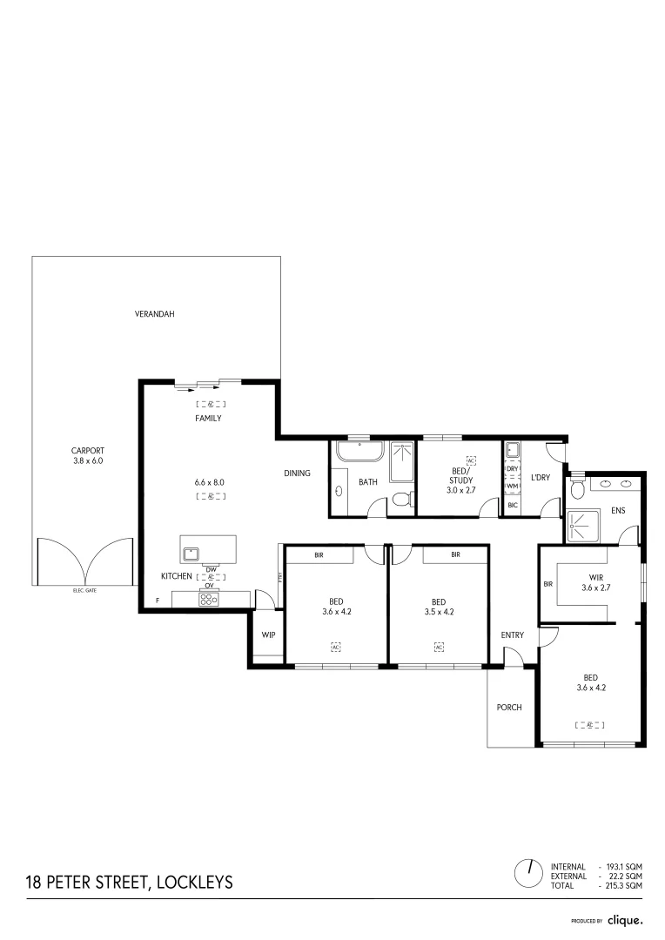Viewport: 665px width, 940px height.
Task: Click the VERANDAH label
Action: click(154, 313)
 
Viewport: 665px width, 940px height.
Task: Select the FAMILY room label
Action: click(208, 419)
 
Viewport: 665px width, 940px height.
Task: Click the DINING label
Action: click(297, 473)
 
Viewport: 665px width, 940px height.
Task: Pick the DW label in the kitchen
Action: click(210, 569)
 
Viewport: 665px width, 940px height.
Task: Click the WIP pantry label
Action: click(268, 634)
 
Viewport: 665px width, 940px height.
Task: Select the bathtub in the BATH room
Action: click(359, 453)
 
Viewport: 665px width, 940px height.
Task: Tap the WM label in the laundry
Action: click(512, 487)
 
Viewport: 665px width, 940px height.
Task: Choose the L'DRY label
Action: click(540, 478)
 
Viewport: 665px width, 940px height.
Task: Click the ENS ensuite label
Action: click(618, 510)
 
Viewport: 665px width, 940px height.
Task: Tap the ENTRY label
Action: click(513, 635)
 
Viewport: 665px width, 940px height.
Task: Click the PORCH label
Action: click(508, 708)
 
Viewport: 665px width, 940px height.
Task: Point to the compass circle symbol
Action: click(527, 871)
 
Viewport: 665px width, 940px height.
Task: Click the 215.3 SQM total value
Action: click(625, 885)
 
